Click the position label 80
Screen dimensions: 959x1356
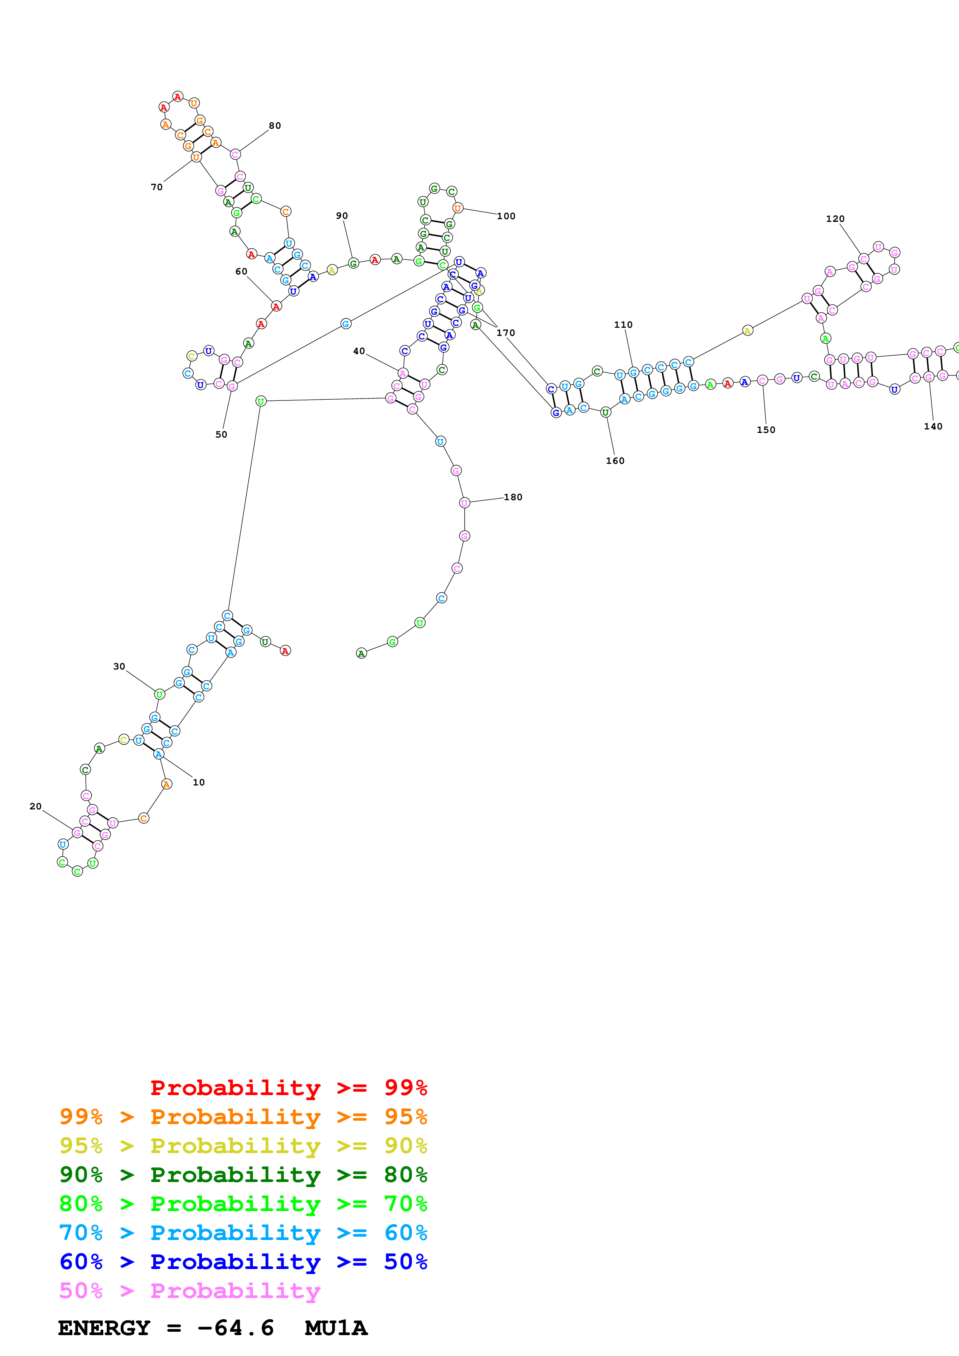[x=275, y=126]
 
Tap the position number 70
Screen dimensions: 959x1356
[x=157, y=187]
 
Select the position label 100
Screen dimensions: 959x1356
[x=506, y=216]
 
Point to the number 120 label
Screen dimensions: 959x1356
[x=835, y=219]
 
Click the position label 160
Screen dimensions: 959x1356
[x=615, y=461]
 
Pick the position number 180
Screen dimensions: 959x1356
[x=513, y=497]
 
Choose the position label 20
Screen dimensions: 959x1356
[x=36, y=806]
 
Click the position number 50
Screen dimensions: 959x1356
[x=221, y=435]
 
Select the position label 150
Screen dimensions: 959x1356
[x=766, y=430]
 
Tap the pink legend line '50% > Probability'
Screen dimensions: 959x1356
[x=190, y=1290]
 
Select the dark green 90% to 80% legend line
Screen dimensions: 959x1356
[x=243, y=1175]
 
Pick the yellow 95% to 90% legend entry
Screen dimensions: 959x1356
[x=243, y=1146]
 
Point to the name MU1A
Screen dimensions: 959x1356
[x=336, y=1328]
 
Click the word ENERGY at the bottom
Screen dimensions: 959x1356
[x=104, y=1328]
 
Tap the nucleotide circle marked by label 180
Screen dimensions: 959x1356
[x=465, y=503]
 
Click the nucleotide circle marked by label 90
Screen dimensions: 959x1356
[x=353, y=263]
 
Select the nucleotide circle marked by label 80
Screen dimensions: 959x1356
[x=235, y=155]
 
